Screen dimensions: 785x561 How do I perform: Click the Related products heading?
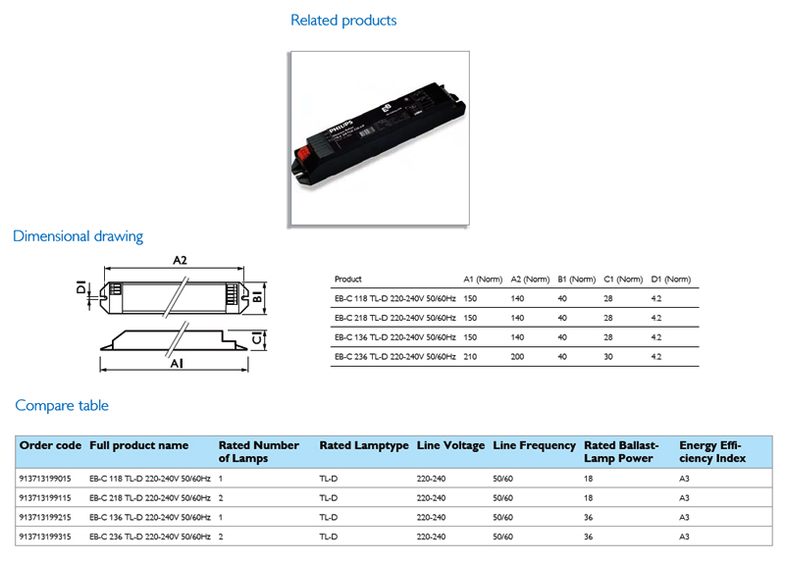(x=343, y=21)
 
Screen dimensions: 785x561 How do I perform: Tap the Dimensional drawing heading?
(x=78, y=236)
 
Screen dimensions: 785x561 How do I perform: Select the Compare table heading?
(x=62, y=405)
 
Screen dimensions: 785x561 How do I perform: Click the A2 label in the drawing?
(x=180, y=260)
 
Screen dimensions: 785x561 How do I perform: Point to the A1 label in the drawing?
(x=177, y=363)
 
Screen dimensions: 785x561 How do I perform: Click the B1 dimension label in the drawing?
(x=257, y=296)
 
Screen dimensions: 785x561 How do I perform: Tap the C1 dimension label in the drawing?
(x=257, y=338)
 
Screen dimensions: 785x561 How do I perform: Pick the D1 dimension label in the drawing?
(x=81, y=286)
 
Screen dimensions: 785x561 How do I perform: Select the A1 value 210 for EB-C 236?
(x=470, y=357)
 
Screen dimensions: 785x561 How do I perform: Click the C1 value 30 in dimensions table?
(x=608, y=357)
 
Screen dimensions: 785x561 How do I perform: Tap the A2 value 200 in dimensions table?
(x=517, y=357)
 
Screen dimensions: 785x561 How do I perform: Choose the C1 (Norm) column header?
(x=623, y=280)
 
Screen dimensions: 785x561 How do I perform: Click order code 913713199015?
(x=45, y=479)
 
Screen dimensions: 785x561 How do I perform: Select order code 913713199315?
(x=45, y=536)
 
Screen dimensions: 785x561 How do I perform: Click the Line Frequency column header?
(x=534, y=445)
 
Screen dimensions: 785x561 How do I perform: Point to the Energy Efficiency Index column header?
(x=712, y=452)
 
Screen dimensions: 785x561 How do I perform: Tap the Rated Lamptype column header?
(x=364, y=445)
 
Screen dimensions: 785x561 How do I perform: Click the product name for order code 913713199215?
(x=150, y=517)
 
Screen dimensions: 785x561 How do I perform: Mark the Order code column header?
(x=50, y=445)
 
